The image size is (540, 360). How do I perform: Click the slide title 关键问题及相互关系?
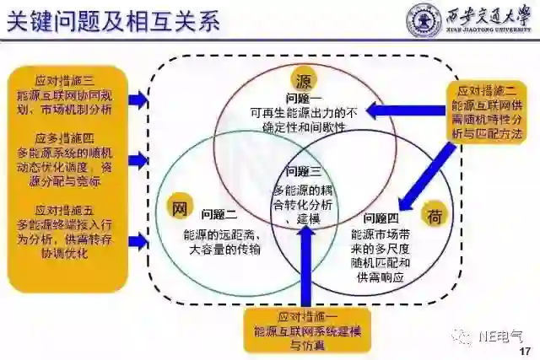[x=113, y=20]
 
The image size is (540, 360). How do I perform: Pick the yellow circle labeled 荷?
[x=435, y=216]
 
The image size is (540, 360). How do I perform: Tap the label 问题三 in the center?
[x=305, y=171]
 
